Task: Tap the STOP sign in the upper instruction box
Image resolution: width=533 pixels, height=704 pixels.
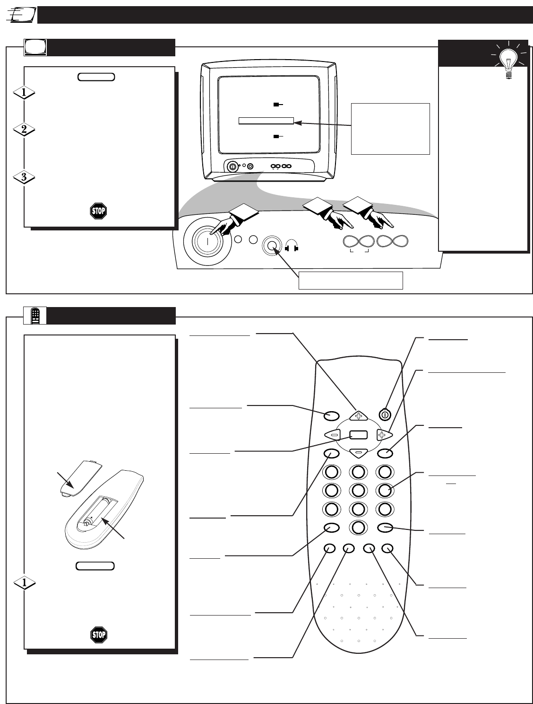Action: click(98, 211)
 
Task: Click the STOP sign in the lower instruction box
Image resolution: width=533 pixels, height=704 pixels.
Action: click(98, 634)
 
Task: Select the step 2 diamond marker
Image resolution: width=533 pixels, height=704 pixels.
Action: click(24, 130)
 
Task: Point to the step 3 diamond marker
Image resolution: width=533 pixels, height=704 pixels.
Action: click(24, 178)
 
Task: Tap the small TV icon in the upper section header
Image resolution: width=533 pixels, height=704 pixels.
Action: click(35, 47)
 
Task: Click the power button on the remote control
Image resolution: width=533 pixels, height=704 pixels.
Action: click(385, 414)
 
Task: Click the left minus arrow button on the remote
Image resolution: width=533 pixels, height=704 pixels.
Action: click(333, 434)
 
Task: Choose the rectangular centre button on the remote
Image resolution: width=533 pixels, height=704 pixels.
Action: click(358, 434)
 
